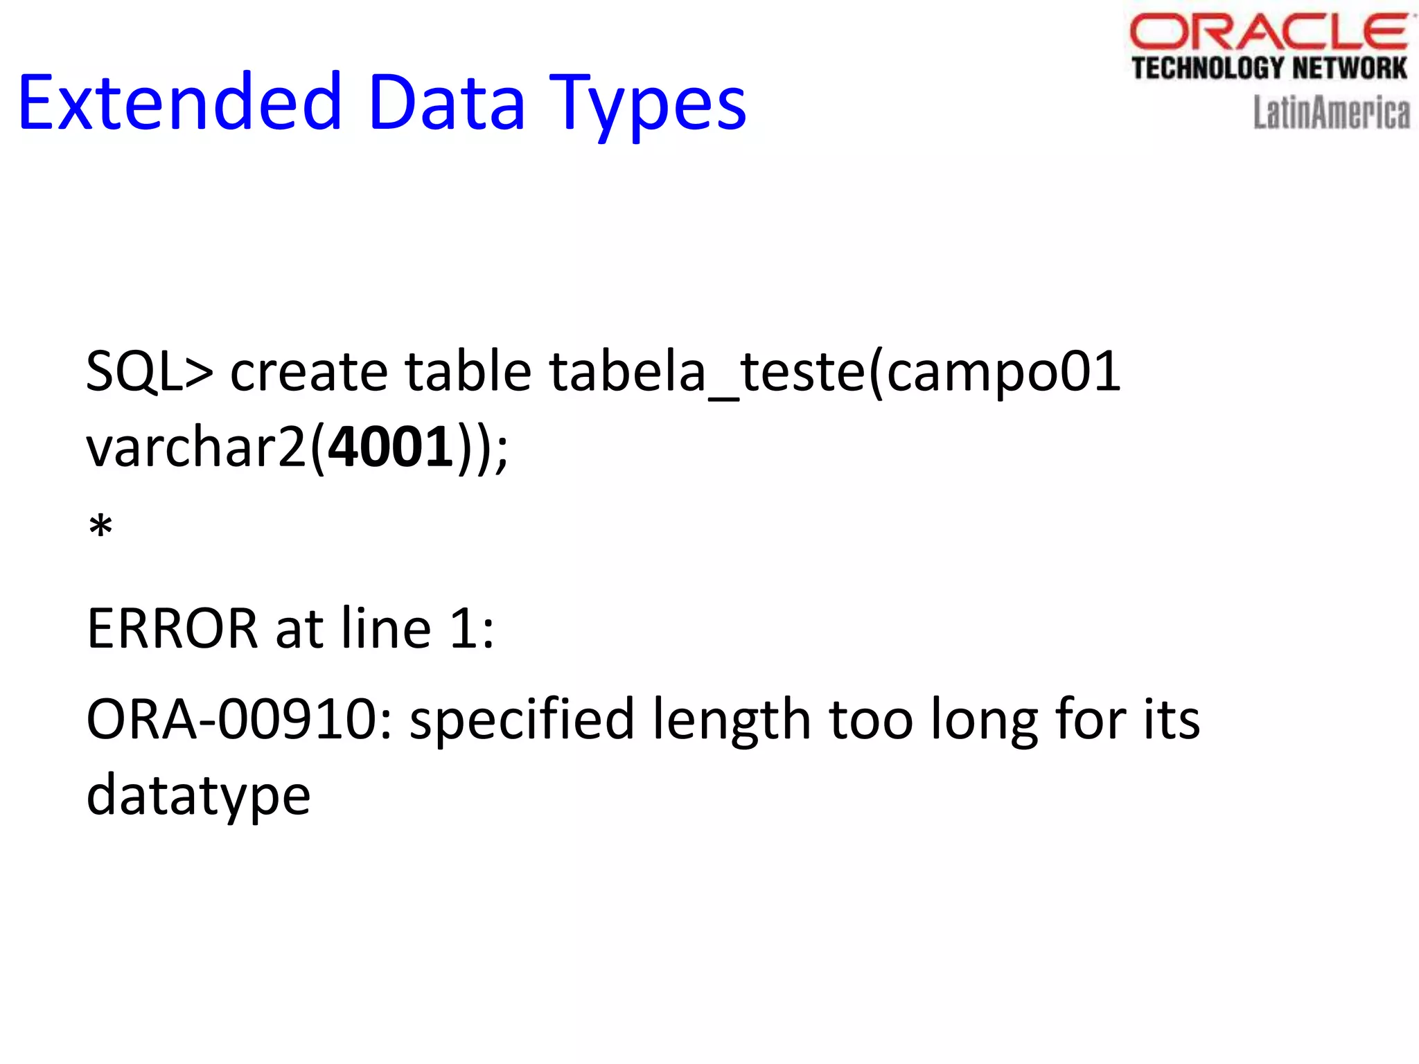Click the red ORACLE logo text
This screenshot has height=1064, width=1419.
(1269, 33)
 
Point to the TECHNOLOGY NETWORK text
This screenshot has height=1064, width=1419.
(1269, 69)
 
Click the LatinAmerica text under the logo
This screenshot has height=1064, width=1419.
(1331, 113)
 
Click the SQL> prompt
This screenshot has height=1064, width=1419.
(149, 371)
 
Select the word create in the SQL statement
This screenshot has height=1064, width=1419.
(308, 371)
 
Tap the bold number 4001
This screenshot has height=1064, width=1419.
(391, 447)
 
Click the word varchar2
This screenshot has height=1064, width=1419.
(196, 447)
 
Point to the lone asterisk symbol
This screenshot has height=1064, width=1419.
(100, 528)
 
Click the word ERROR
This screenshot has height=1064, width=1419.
(172, 628)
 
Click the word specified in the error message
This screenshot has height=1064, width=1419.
(522, 720)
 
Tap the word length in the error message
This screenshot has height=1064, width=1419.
(732, 720)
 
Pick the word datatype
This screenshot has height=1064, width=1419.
(198, 795)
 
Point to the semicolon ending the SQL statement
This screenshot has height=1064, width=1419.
(502, 452)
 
